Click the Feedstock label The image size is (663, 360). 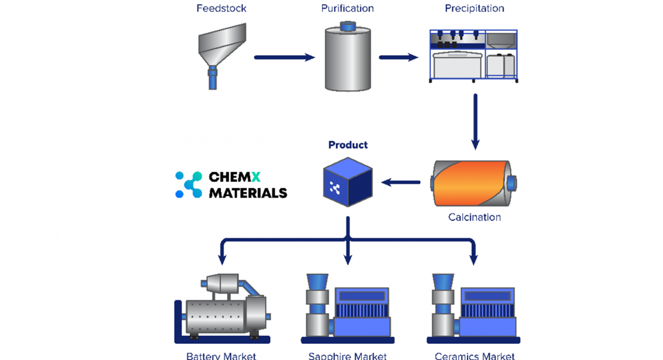click(x=221, y=9)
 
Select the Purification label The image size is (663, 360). click(x=347, y=9)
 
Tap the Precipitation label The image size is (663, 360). click(x=474, y=9)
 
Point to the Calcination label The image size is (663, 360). click(x=474, y=217)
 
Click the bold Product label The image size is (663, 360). click(x=348, y=145)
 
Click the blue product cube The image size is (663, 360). click(x=348, y=182)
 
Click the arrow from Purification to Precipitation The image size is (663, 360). click(x=398, y=58)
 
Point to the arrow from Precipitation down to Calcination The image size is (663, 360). click(x=475, y=122)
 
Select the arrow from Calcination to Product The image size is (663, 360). click(x=400, y=182)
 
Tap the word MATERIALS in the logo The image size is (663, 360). click(x=248, y=193)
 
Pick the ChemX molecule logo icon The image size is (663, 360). click(x=189, y=185)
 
